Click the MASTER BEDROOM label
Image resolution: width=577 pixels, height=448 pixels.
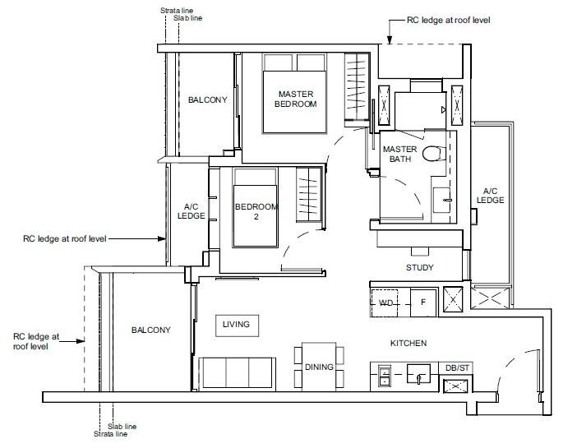[296, 99]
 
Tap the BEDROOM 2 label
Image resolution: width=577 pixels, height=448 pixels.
[256, 211]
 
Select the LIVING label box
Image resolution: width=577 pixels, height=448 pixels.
[237, 326]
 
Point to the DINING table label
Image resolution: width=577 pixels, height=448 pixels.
[319, 367]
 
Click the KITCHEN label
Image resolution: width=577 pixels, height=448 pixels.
[409, 343]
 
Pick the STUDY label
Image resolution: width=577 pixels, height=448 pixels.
[419, 268]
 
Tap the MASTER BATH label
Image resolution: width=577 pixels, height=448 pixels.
[400, 154]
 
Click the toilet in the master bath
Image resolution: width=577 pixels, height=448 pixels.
[434, 154]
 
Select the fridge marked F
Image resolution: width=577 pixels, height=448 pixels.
[423, 303]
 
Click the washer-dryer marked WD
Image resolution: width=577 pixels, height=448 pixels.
[385, 303]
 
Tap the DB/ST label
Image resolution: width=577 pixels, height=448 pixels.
[457, 367]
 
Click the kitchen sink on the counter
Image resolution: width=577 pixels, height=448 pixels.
[418, 374]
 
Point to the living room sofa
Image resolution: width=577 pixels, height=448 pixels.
[237, 373]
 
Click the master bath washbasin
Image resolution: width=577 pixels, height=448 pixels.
[441, 200]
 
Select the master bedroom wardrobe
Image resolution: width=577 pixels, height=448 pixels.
[356, 86]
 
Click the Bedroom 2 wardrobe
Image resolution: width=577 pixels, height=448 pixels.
[309, 194]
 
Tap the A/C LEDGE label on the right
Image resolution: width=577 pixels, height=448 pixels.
[490, 196]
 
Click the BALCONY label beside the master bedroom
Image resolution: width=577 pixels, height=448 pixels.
[208, 99]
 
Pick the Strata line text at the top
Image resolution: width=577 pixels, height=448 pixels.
[177, 11]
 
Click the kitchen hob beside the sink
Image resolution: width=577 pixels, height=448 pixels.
[385, 376]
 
